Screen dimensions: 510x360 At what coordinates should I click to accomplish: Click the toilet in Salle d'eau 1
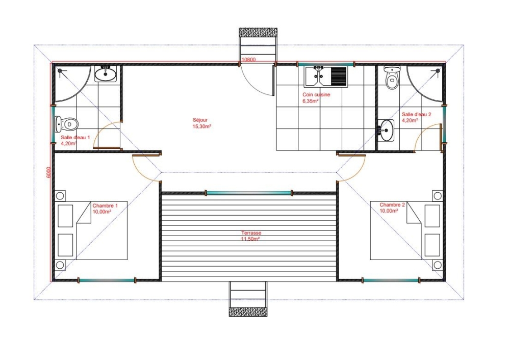point(67,123)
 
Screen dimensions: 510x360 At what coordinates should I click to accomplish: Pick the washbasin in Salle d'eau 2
point(386,131)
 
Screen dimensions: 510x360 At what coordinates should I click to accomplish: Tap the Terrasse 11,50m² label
point(250,236)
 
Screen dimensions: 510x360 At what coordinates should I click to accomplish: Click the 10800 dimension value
point(248,60)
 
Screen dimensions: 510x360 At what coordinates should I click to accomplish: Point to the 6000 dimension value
point(48,172)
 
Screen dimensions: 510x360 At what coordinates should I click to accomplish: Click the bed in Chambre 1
point(91,230)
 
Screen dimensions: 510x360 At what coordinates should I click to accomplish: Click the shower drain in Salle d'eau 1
point(60,70)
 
